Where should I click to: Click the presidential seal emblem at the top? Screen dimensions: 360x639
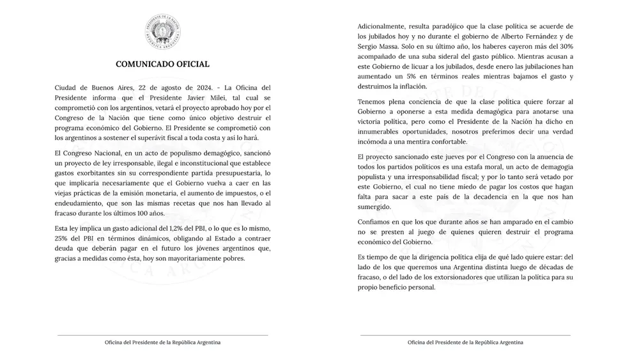tap(162, 32)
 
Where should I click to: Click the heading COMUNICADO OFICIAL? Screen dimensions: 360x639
tap(162, 65)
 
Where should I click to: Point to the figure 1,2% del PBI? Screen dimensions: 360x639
tap(184, 228)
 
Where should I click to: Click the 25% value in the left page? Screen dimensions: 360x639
tap(63, 238)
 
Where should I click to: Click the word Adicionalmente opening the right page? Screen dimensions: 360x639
tap(385, 26)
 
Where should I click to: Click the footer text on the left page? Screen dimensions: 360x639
tap(162, 342)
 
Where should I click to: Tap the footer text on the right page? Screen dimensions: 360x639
tap(465, 342)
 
